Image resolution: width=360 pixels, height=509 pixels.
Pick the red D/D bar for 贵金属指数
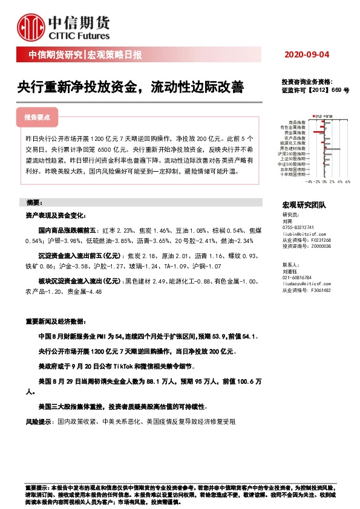tap(319, 131)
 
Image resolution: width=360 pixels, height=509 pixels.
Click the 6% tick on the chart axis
tap(348, 181)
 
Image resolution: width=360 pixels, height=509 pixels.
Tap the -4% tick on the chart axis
tap(309, 181)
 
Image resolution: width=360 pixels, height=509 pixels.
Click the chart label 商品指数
tap(298, 122)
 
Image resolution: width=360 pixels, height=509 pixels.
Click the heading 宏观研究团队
tap(304, 206)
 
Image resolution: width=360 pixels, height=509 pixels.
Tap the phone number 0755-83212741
tap(301, 227)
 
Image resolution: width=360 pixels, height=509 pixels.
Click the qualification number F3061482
tap(318, 290)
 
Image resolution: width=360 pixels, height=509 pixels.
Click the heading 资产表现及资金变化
tap(56, 215)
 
